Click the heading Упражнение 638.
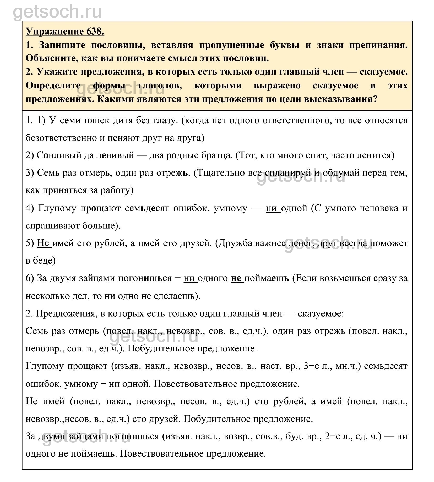click(65, 32)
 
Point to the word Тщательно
click(223, 173)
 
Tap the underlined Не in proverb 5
click(44, 243)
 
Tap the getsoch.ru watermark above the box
click(57, 12)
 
